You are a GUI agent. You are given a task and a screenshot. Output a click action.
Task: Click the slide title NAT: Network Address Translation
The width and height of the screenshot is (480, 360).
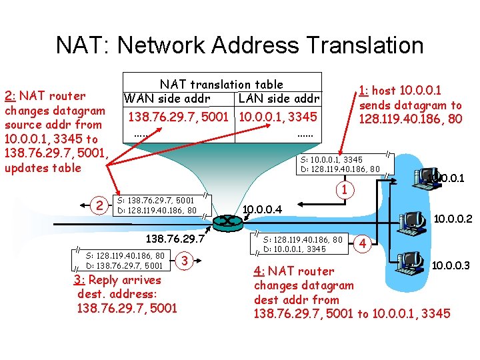pyautogui.click(x=239, y=45)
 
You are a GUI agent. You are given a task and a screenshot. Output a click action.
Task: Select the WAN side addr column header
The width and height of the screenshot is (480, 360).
pyautogui.click(x=167, y=99)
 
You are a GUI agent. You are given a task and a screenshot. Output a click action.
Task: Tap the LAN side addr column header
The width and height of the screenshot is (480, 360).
pyautogui.click(x=279, y=99)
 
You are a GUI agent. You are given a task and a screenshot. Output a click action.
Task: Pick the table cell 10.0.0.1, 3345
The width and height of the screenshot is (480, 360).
pyautogui.click(x=279, y=117)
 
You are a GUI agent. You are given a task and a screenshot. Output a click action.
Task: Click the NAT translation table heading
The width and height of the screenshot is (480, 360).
pyautogui.click(x=221, y=84)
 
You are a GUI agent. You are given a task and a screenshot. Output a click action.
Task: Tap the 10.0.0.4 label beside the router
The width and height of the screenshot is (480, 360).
pyautogui.click(x=262, y=210)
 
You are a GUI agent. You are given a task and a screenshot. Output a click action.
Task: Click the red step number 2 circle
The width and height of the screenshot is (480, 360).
pyautogui.click(x=99, y=205)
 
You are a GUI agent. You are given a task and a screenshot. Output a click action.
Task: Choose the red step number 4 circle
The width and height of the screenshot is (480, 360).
pyautogui.click(x=363, y=243)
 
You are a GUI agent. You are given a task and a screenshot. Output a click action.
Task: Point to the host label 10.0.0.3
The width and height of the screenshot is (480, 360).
pyautogui.click(x=451, y=266)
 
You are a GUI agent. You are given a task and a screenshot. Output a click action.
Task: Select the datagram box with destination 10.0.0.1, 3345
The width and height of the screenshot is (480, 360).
pyautogui.click(x=303, y=244)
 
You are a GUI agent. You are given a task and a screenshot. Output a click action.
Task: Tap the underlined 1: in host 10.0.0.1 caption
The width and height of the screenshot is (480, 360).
pyautogui.click(x=363, y=91)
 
